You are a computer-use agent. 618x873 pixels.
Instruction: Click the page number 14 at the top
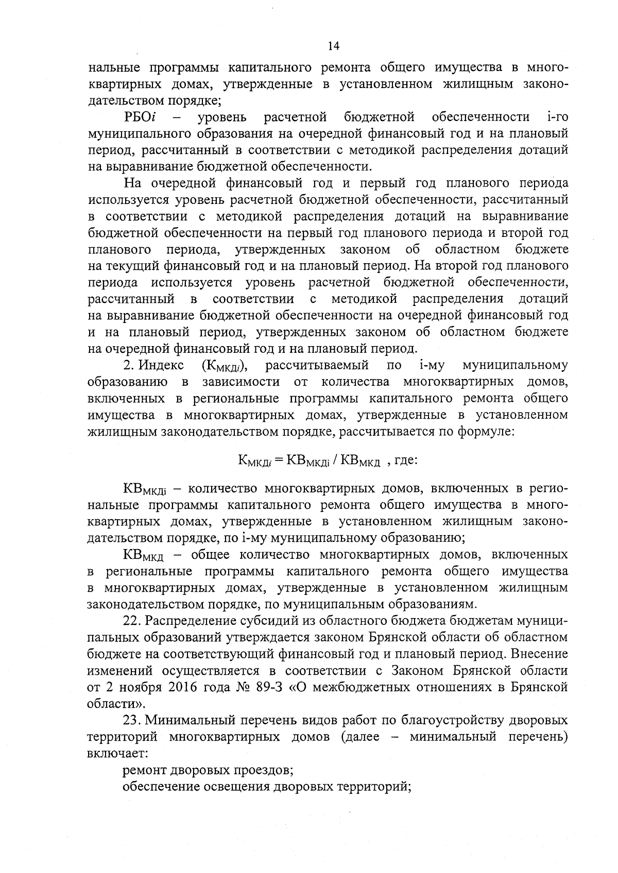[x=333, y=46]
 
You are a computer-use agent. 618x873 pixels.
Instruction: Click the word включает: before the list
[x=118, y=754]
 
